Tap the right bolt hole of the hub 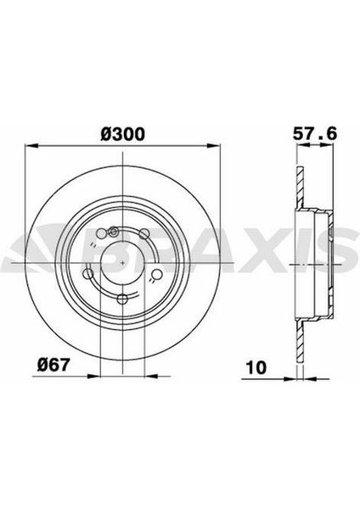pyautogui.click(x=150, y=274)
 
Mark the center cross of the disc pyautogui.click(x=124, y=263)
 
